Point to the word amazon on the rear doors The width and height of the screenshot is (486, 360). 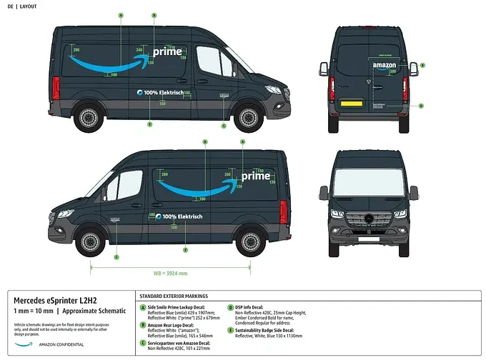pyautogui.click(x=384, y=65)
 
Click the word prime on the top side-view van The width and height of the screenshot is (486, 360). pyautogui.click(x=168, y=51)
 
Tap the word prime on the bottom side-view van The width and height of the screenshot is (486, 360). pyautogui.click(x=255, y=176)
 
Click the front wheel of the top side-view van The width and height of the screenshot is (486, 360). pyautogui.click(x=248, y=117)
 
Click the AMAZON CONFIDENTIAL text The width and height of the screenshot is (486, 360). pyautogui.click(x=61, y=344)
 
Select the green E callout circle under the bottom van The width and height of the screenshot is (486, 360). pyautogui.click(x=186, y=250)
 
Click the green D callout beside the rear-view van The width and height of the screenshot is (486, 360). pyautogui.click(x=421, y=106)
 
